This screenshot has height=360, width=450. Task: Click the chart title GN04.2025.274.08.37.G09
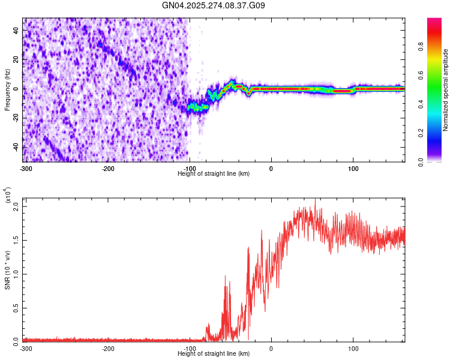tap(214, 6)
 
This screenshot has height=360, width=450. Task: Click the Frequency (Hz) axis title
tap(8, 90)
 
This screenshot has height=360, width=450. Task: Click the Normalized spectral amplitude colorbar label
tap(446, 90)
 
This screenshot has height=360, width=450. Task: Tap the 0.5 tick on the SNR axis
tap(16, 307)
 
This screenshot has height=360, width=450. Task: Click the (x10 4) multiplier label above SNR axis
tap(8, 196)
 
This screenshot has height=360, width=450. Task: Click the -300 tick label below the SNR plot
tap(26, 348)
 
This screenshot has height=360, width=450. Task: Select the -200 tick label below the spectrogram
tap(108, 169)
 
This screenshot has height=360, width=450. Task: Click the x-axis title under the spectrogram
tap(214, 174)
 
